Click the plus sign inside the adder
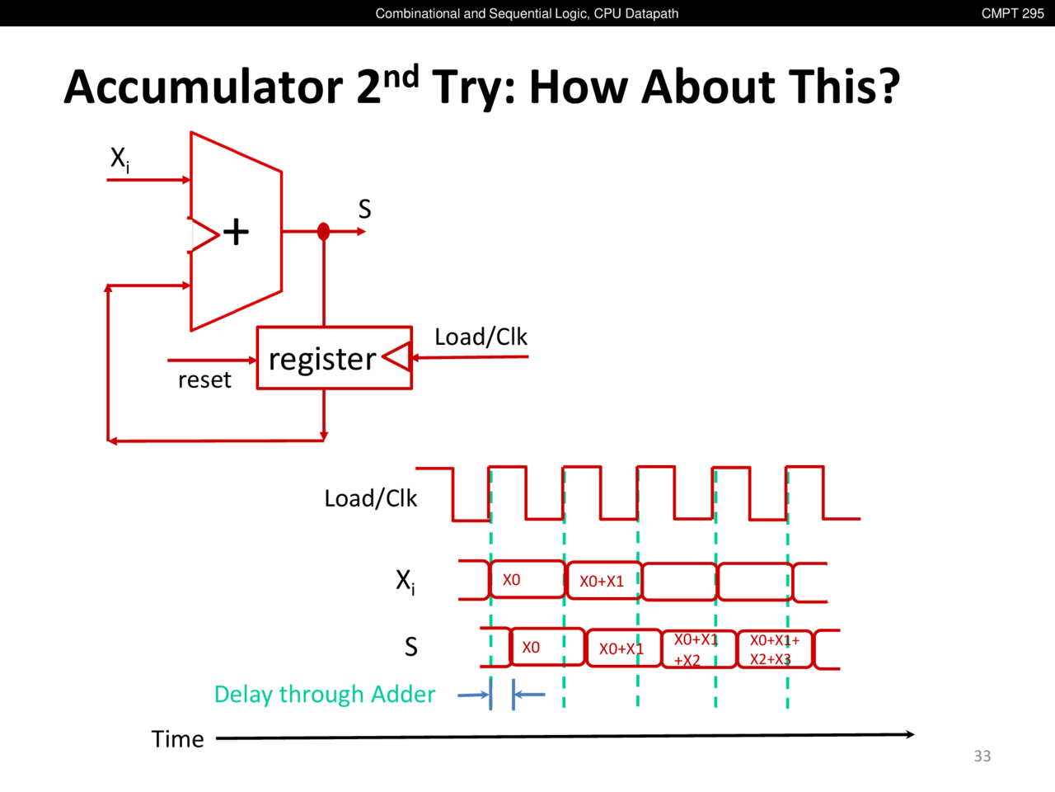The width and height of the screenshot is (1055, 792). click(x=236, y=232)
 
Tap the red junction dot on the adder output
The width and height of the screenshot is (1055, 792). click(x=323, y=232)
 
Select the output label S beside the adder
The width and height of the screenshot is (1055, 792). click(x=364, y=210)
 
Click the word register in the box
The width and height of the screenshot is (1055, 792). click(x=322, y=359)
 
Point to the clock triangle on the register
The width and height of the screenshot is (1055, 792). click(x=397, y=357)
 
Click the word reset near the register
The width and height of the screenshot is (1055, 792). click(x=204, y=380)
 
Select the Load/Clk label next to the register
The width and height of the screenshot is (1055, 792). click(x=481, y=337)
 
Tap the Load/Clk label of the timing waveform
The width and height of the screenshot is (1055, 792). click(x=370, y=498)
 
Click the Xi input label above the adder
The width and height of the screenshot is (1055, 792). click(x=120, y=158)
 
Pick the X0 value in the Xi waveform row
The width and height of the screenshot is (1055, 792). click(x=511, y=580)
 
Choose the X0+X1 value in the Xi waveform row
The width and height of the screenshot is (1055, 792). click(x=602, y=582)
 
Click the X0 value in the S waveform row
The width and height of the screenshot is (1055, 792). click(x=531, y=648)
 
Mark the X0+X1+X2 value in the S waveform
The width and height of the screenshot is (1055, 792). click(x=695, y=650)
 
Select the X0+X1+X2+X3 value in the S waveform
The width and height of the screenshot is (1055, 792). click(x=773, y=649)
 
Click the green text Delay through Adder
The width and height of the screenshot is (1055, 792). click(x=324, y=695)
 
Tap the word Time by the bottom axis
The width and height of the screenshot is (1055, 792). click(x=177, y=739)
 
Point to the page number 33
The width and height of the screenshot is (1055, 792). click(x=982, y=756)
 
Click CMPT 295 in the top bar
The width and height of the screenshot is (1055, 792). click(x=1012, y=13)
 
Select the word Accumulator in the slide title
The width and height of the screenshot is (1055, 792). click(x=203, y=87)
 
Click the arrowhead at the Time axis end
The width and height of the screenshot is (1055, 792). click(x=909, y=734)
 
